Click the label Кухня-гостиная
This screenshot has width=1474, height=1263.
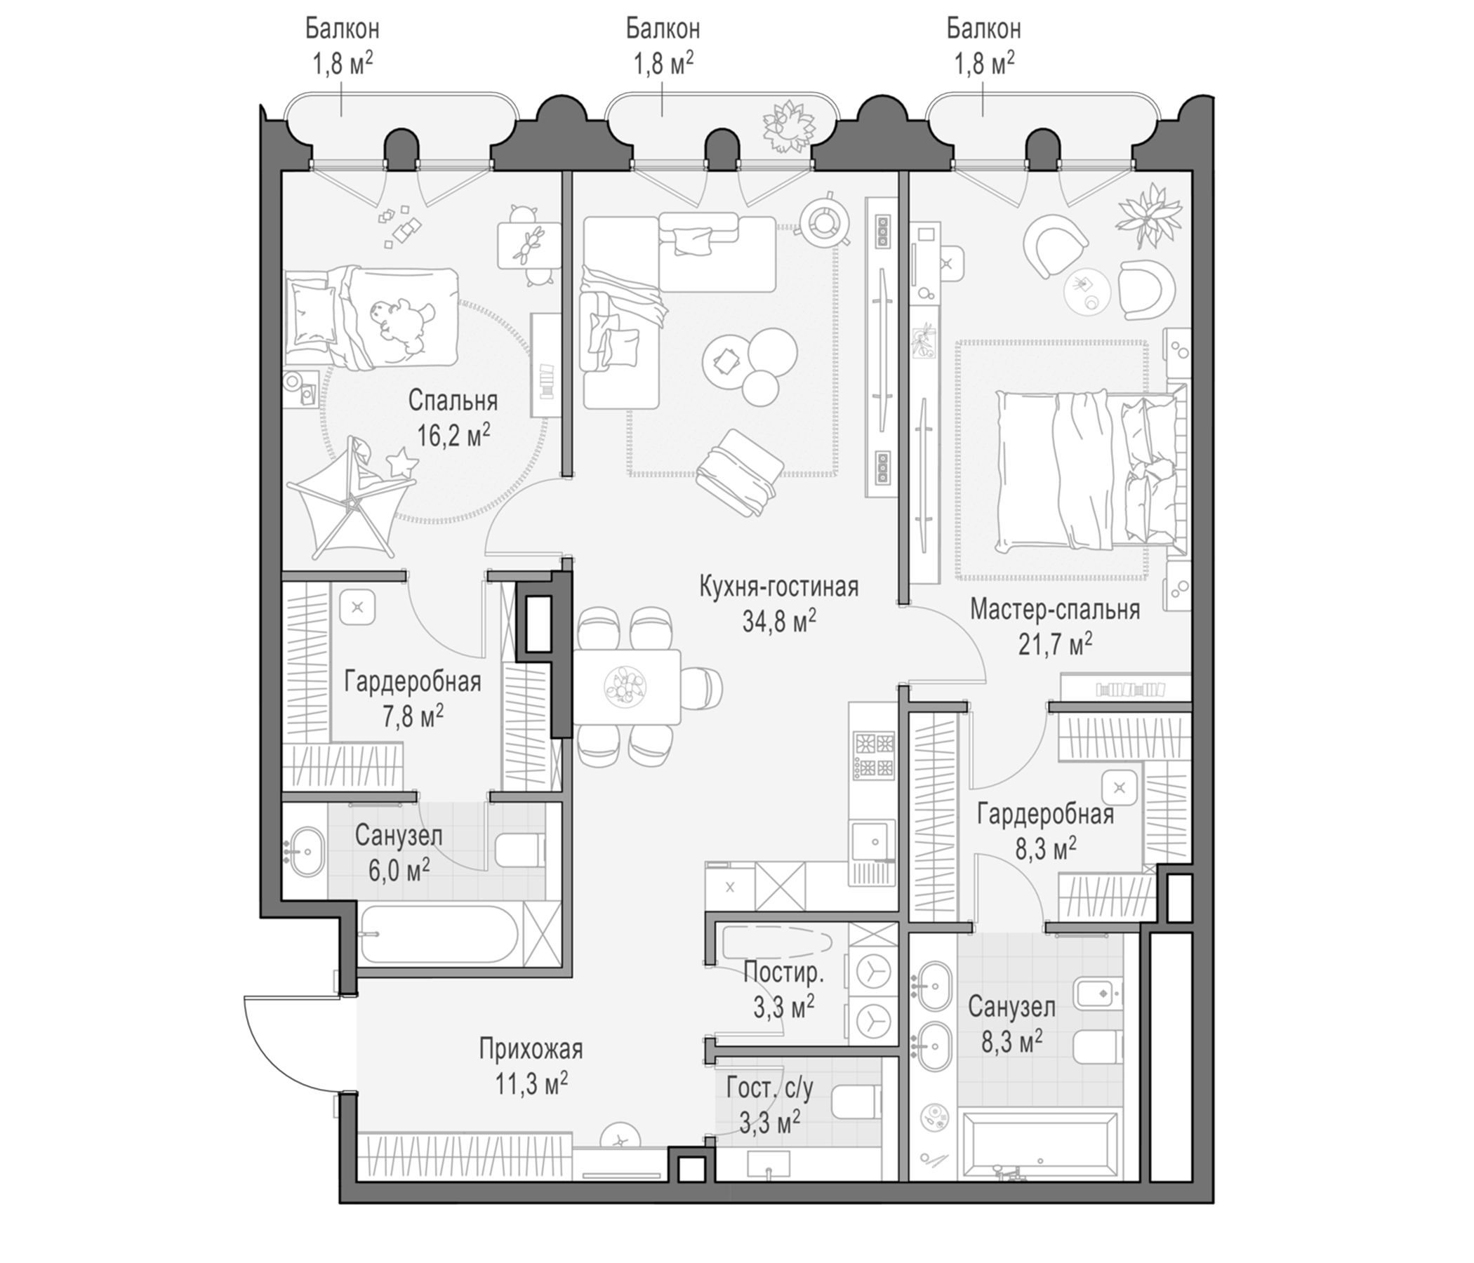779,587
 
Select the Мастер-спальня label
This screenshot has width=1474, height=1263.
1055,610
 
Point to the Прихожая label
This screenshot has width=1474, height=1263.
531,1049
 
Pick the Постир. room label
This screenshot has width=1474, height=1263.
783,972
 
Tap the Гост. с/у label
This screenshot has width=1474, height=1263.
770,1088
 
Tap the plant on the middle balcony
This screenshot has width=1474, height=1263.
788,126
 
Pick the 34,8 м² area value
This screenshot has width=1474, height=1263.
779,621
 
